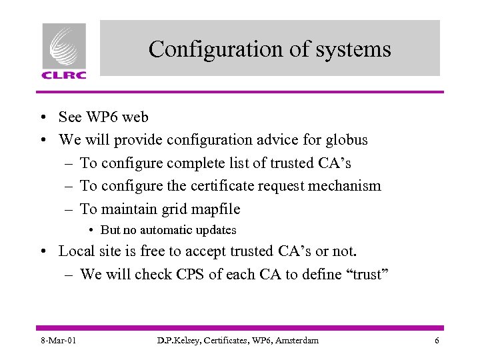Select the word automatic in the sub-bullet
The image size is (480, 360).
(x=161, y=230)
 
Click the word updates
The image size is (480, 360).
(x=214, y=230)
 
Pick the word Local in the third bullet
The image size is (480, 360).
(x=76, y=251)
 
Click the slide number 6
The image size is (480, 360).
(x=436, y=341)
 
